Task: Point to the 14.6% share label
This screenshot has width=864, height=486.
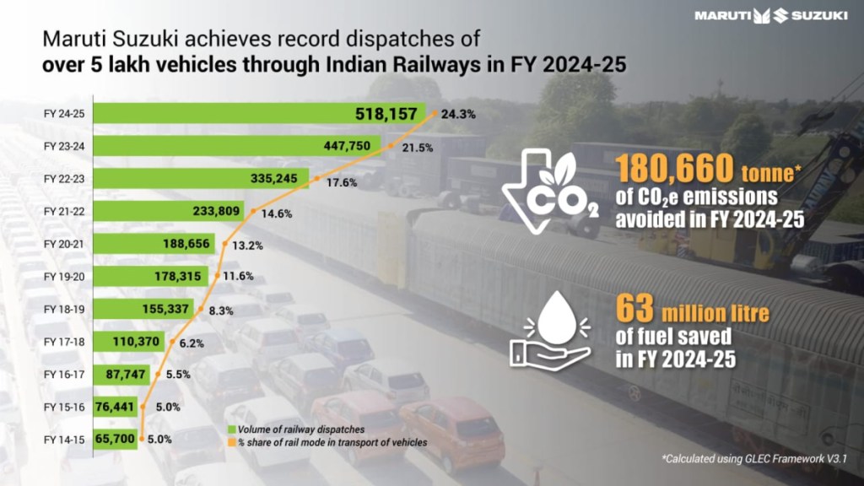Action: [277, 214]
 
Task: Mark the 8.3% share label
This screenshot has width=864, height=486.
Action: [223, 310]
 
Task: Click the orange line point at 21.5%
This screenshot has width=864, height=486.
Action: [392, 145]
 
